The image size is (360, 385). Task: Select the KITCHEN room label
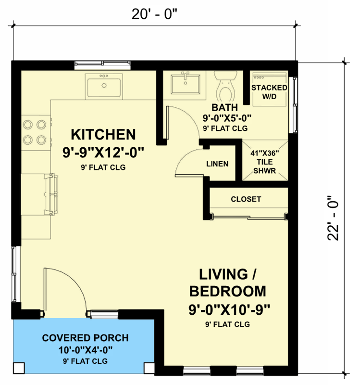(103, 134)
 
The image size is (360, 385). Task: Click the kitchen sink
(103, 86)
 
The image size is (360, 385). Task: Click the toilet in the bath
(224, 87)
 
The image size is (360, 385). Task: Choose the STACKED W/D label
(269, 92)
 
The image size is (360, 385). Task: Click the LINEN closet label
(217, 164)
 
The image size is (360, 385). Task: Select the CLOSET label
(246, 199)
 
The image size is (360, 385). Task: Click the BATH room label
(224, 107)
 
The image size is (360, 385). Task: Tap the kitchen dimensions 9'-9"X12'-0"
(103, 153)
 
